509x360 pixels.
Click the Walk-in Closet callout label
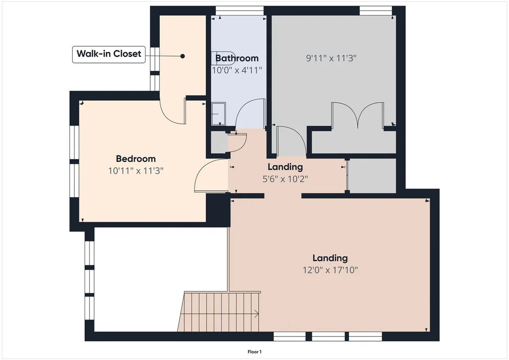pyautogui.click(x=109, y=54)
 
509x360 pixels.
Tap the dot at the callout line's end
pyautogui.click(x=182, y=56)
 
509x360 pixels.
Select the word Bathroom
pyautogui.click(x=237, y=58)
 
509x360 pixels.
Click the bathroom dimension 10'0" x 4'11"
pyautogui.click(x=237, y=70)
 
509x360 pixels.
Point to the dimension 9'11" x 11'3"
pyautogui.click(x=331, y=58)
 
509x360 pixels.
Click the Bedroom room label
pyautogui.click(x=136, y=159)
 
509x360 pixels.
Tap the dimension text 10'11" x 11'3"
pyautogui.click(x=136, y=171)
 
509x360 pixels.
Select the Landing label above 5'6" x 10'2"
pyautogui.click(x=285, y=167)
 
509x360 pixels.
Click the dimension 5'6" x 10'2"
pyautogui.click(x=285, y=179)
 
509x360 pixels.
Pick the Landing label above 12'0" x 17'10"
pyautogui.click(x=330, y=258)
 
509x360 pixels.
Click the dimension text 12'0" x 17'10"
pyautogui.click(x=330, y=270)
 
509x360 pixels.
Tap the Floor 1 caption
pyautogui.click(x=254, y=352)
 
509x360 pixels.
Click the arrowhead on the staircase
pyautogui.click(x=257, y=314)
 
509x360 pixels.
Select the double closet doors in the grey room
pyautogui.click(x=357, y=115)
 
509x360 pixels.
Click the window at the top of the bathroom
pyautogui.click(x=239, y=11)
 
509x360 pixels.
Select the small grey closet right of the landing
pyautogui.click(x=372, y=176)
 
